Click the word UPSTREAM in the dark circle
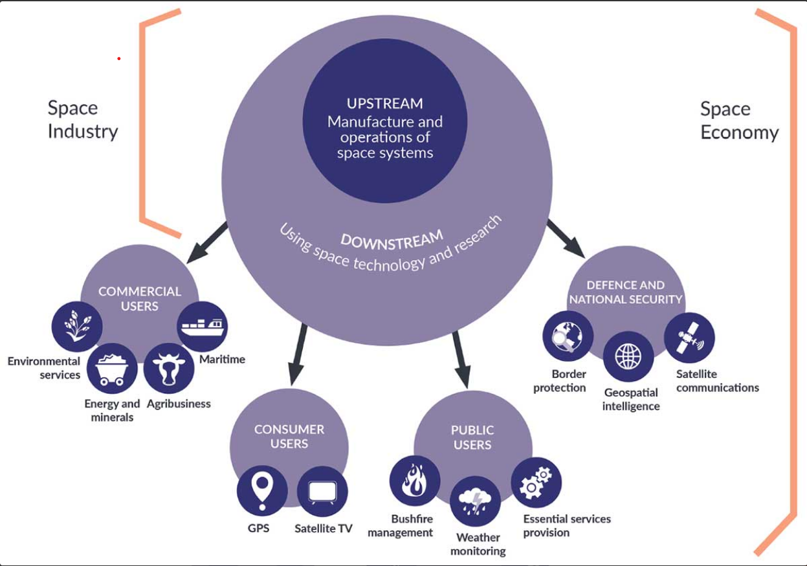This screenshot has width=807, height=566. click(384, 103)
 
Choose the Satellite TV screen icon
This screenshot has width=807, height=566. click(322, 491)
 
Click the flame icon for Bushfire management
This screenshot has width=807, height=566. click(414, 481)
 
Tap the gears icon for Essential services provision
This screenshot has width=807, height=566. click(536, 482)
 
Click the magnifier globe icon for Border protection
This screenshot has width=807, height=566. click(568, 336)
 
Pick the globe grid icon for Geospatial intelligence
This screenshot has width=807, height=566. click(628, 356)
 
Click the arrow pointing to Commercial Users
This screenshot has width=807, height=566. click(206, 243)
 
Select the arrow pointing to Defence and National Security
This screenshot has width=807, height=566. click(566, 238)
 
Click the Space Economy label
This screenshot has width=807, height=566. click(739, 121)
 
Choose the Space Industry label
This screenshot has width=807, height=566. click(83, 120)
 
